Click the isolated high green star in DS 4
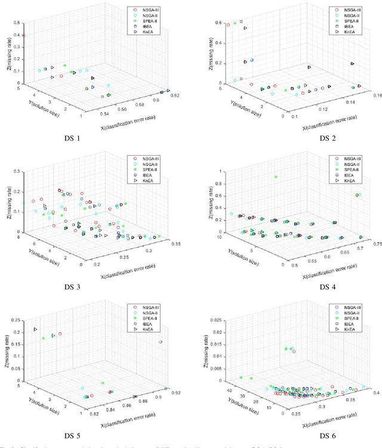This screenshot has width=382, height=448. click(276, 177)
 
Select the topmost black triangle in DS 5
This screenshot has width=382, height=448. click(36, 329)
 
